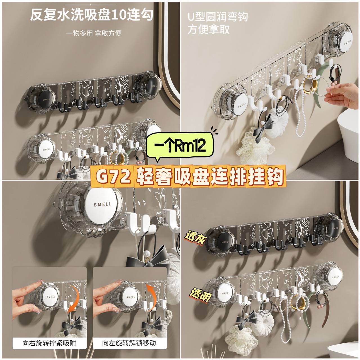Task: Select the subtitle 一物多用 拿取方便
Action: point(94,33)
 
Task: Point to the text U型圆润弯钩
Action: point(218,17)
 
